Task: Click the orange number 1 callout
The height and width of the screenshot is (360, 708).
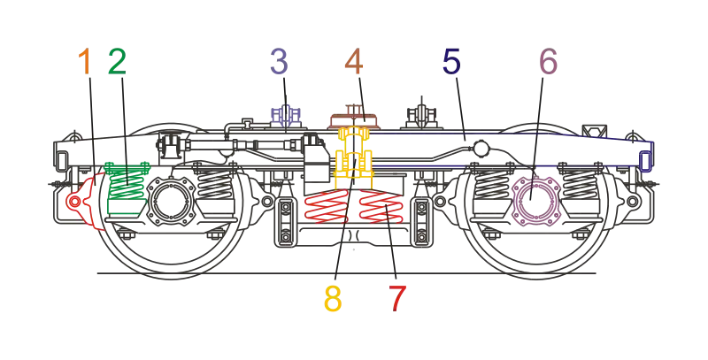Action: point(85,61)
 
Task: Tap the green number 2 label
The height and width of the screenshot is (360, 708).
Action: point(117,61)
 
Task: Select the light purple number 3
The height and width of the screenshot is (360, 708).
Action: point(279,61)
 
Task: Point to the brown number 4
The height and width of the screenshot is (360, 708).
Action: point(353,61)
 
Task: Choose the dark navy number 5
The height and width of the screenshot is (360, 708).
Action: point(451,61)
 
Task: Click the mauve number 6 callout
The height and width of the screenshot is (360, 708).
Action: point(548,61)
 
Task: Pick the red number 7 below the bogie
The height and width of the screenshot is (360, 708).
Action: point(397,299)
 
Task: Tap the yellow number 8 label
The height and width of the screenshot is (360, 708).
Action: point(333,299)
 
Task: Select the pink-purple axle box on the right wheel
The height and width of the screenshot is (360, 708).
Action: point(533,197)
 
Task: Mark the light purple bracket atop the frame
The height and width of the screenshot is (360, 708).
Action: point(285,117)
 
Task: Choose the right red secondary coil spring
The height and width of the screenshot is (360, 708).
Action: point(381,206)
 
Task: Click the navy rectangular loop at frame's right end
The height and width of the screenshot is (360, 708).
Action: point(646,161)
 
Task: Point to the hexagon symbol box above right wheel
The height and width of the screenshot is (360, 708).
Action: point(594,131)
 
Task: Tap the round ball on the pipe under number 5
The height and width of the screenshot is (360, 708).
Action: point(480,148)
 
